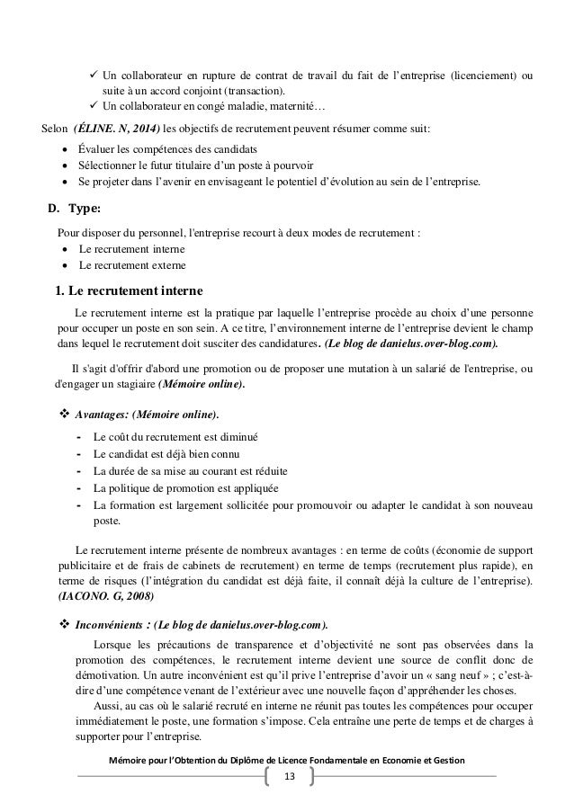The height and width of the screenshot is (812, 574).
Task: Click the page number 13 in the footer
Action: point(289,776)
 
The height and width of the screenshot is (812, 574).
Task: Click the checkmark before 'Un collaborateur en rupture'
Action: point(92,73)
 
